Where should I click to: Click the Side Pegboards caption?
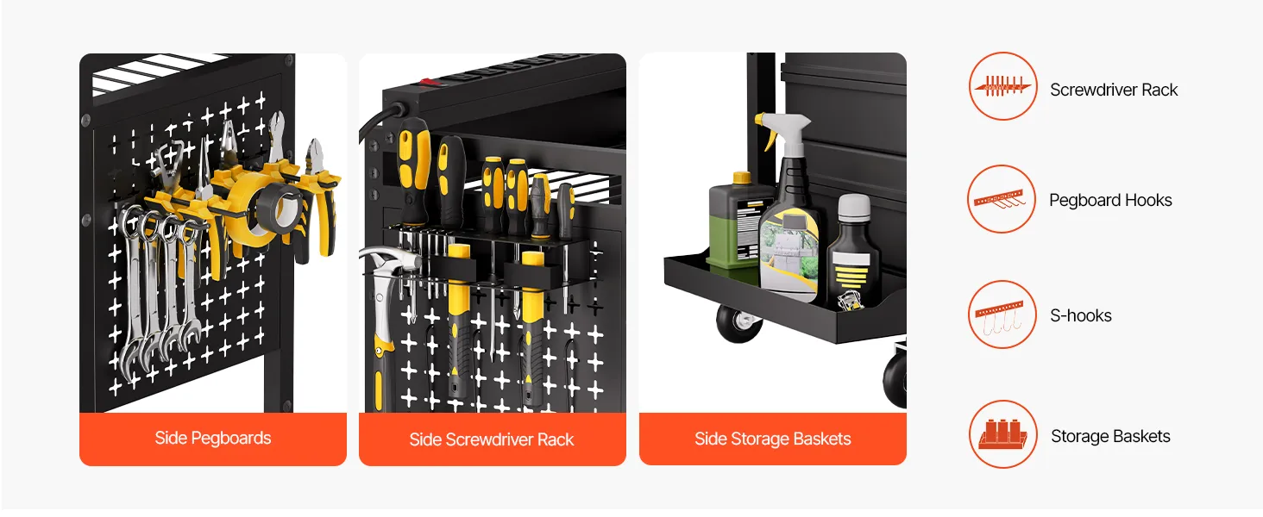pyautogui.click(x=213, y=438)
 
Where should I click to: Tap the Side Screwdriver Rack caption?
pyautogui.click(x=492, y=439)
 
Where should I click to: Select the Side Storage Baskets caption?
pyautogui.click(x=772, y=439)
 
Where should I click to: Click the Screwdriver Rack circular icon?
pyautogui.click(x=1002, y=86)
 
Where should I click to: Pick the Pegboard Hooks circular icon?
pyautogui.click(x=1002, y=199)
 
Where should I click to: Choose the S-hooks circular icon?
pyautogui.click(x=1002, y=315)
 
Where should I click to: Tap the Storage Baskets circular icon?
pyautogui.click(x=1002, y=434)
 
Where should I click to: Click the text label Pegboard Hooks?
pyautogui.click(x=1110, y=200)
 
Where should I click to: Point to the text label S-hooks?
pyautogui.click(x=1080, y=315)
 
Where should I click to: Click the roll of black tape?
pyautogui.click(x=280, y=209)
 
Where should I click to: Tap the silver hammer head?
pyautogui.click(x=389, y=261)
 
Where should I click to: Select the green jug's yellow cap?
pyautogui.click(x=741, y=178)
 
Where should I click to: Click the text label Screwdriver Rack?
pyautogui.click(x=1114, y=90)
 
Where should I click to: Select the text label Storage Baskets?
pyautogui.click(x=1110, y=436)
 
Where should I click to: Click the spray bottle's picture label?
pyautogui.click(x=789, y=252)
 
